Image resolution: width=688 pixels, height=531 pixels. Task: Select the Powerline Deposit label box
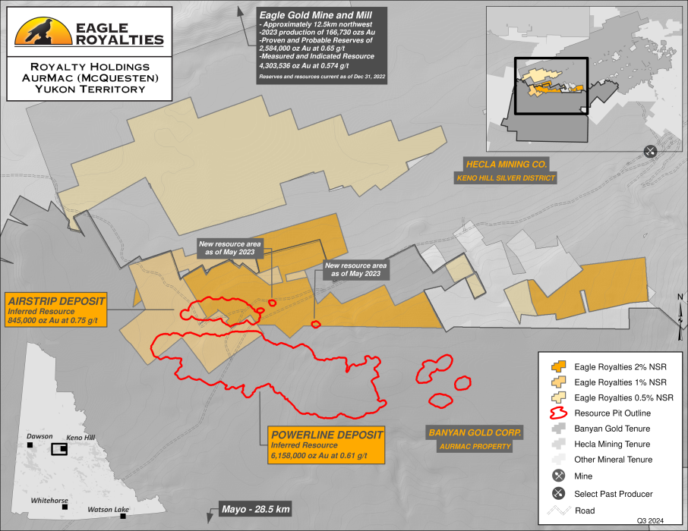[x=324, y=445]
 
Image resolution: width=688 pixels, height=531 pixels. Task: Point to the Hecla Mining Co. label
[x=507, y=163]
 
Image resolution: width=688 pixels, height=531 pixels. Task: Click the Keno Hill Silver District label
[x=506, y=179]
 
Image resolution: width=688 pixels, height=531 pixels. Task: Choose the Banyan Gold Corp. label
[x=474, y=432]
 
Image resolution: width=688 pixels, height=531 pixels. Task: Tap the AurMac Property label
[x=474, y=447]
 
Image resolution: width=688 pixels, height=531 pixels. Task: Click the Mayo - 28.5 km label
[x=255, y=508]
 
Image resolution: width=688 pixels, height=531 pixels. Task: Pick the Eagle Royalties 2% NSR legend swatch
[x=560, y=365]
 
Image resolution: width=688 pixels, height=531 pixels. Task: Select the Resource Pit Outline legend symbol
[x=560, y=413]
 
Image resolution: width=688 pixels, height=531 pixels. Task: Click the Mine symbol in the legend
[x=560, y=476]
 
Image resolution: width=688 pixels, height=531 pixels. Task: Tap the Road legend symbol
[x=560, y=510]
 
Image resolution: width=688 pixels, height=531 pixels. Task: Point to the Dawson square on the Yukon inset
[x=30, y=445]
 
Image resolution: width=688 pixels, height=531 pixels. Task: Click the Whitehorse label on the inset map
[x=50, y=501]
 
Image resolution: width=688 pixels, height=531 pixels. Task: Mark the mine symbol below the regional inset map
[x=650, y=151]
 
